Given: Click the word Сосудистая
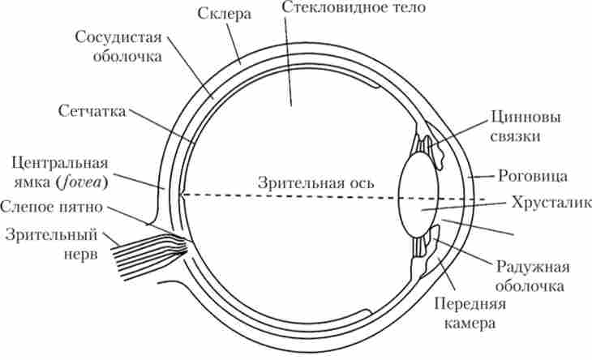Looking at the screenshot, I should click(118, 38).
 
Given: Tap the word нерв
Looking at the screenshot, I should click(80, 254).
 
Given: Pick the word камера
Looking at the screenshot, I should click(470, 322).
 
